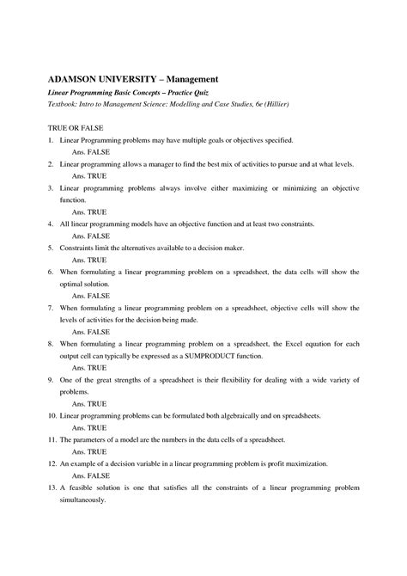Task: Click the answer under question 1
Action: click(x=90, y=150)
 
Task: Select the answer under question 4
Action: click(x=90, y=235)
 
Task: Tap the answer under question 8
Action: click(x=89, y=366)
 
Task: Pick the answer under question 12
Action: click(x=90, y=475)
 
